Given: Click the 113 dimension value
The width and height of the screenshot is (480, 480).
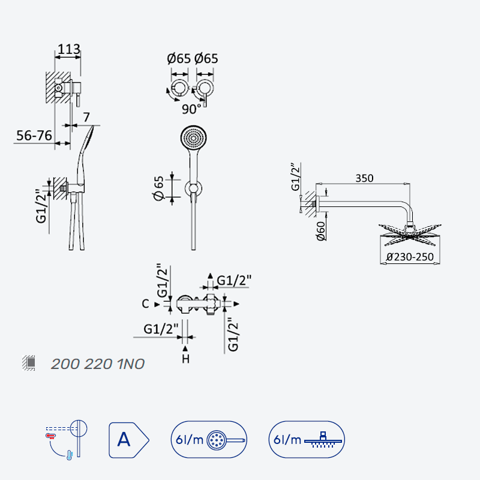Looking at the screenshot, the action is pyautogui.click(x=69, y=49).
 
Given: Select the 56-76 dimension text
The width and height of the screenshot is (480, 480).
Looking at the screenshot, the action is pyautogui.click(x=34, y=136).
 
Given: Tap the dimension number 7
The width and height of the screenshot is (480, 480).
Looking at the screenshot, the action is pyautogui.click(x=86, y=117).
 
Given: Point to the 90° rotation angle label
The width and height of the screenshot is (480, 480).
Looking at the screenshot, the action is pyautogui.click(x=191, y=109).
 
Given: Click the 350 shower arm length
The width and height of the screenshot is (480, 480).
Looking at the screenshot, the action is pyautogui.click(x=364, y=178).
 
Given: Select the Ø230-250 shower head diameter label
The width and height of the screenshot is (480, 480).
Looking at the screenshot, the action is pyautogui.click(x=410, y=257).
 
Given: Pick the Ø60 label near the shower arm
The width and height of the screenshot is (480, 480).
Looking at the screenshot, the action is pyautogui.click(x=320, y=231).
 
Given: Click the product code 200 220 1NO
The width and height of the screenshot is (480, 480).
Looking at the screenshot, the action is pyautogui.click(x=98, y=364).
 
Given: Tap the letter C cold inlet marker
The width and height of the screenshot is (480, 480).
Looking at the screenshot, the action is pyautogui.click(x=145, y=304).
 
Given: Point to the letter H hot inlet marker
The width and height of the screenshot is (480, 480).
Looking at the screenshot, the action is pyautogui.click(x=185, y=359).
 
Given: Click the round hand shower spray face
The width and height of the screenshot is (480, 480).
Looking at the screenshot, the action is pyautogui.click(x=193, y=138).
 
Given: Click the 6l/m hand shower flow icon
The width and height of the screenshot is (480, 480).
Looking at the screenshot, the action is pyautogui.click(x=209, y=440).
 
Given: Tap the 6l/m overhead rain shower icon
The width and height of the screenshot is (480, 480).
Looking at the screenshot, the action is pyautogui.click(x=307, y=440).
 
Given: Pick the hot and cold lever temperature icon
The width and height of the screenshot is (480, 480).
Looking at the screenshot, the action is pyautogui.click(x=67, y=440).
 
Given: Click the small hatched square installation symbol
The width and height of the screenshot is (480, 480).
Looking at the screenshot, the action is pyautogui.click(x=29, y=363).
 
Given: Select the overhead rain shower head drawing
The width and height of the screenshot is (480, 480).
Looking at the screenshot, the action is pyautogui.click(x=410, y=235).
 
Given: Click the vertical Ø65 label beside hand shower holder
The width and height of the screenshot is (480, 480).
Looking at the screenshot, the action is pyautogui.click(x=158, y=188).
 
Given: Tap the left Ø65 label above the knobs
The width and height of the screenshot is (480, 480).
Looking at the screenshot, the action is pyautogui.click(x=179, y=58).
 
